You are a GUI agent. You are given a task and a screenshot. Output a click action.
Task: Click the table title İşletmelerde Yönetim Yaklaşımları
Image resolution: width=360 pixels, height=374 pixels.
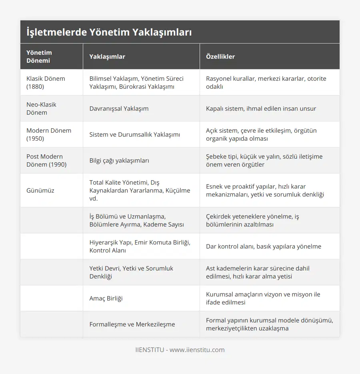109,32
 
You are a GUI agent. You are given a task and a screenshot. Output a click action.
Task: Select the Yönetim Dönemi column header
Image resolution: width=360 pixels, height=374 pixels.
39,56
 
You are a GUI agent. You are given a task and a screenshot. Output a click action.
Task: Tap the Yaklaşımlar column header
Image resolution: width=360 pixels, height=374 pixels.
107,56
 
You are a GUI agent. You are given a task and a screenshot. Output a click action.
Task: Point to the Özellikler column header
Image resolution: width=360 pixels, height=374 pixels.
220,56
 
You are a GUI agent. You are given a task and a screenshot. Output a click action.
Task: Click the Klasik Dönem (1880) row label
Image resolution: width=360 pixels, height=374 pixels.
46,82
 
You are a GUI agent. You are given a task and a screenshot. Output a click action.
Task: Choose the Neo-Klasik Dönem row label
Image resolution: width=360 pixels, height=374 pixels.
42,108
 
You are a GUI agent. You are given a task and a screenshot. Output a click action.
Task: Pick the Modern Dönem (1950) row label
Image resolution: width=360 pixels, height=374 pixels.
49,134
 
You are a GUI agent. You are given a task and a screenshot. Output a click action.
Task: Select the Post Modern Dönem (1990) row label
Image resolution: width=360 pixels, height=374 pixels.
46,160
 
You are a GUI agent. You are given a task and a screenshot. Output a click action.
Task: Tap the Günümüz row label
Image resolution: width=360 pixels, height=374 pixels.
40,190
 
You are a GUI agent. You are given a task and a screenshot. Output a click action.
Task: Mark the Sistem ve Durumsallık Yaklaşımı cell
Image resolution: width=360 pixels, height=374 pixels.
135,134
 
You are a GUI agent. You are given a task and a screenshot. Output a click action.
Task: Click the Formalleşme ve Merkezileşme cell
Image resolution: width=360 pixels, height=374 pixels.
132,324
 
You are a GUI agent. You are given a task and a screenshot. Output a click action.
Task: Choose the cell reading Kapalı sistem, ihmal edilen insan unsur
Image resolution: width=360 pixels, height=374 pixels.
261,108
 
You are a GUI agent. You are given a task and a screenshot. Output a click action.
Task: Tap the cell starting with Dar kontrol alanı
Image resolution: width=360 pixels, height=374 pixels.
264,246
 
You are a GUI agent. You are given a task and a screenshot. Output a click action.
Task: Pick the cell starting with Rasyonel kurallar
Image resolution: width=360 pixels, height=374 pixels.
266,82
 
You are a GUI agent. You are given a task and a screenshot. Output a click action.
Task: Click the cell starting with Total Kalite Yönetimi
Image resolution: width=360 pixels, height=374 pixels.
140,190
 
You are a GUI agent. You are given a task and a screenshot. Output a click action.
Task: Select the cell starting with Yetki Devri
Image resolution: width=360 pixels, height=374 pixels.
131,272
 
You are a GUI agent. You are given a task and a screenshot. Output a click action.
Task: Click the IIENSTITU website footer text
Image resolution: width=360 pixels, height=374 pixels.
180,350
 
